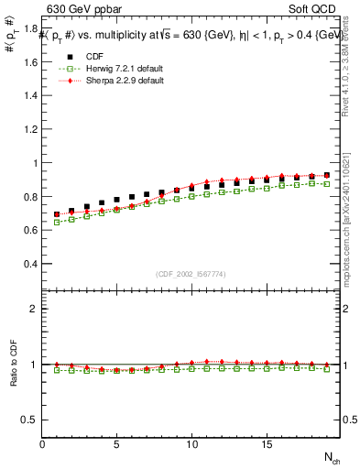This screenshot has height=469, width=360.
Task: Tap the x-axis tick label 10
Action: [x=191, y=444]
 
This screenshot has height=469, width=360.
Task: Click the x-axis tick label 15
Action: [x=266, y=444]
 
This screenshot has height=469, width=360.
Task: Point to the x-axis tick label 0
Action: [x=42, y=444]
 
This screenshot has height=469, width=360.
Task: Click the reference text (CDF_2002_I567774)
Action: [x=191, y=273]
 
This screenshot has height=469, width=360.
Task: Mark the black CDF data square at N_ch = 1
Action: [x=57, y=214]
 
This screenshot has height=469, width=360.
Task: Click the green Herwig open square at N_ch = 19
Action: [x=326, y=184]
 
